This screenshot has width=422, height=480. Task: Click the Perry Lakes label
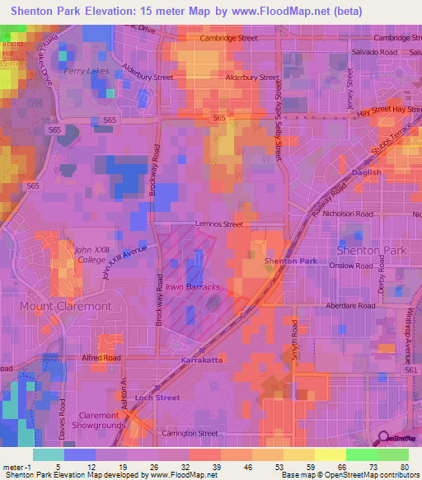[x=80, y=72]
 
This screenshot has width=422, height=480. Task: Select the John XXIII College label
[x=91, y=255]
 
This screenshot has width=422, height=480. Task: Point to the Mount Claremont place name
[x=65, y=306]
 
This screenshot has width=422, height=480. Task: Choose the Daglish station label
[x=366, y=173]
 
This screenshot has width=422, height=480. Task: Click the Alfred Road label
[x=101, y=358]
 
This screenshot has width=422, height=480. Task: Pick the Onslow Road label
[x=352, y=266]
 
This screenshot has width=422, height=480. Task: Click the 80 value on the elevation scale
[x=406, y=467]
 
